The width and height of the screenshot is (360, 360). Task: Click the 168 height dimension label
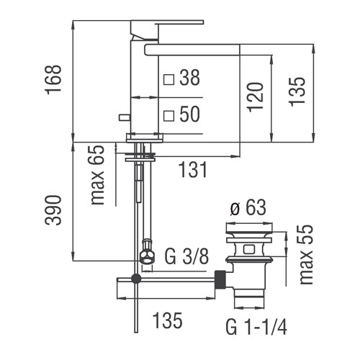(x=53, y=80)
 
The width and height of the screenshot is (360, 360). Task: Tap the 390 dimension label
(x=53, y=210)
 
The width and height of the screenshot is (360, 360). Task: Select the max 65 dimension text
(x=98, y=175)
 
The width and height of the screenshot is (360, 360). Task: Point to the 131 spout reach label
(x=193, y=170)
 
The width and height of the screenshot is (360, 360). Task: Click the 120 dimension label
(x=256, y=97)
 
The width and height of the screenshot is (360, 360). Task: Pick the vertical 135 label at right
(x=297, y=91)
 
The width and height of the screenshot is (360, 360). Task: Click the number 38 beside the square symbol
(x=189, y=78)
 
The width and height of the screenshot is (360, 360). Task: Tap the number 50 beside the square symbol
(x=189, y=114)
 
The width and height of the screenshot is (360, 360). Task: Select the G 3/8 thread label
(x=186, y=256)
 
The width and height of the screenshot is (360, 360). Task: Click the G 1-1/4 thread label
(x=256, y=326)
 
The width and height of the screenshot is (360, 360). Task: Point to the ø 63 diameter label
(x=248, y=207)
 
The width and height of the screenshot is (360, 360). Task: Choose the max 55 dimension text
(x=307, y=255)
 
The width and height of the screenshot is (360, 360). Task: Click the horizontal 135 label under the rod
(x=167, y=320)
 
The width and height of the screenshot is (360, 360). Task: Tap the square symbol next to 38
(x=168, y=79)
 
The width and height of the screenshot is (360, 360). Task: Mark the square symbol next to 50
(x=168, y=116)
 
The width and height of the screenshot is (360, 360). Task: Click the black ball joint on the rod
(x=136, y=279)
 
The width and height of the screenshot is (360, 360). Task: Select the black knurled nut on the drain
(x=221, y=279)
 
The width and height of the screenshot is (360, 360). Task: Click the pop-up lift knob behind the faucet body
(x=125, y=117)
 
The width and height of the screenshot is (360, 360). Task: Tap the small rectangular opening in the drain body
(x=249, y=248)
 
